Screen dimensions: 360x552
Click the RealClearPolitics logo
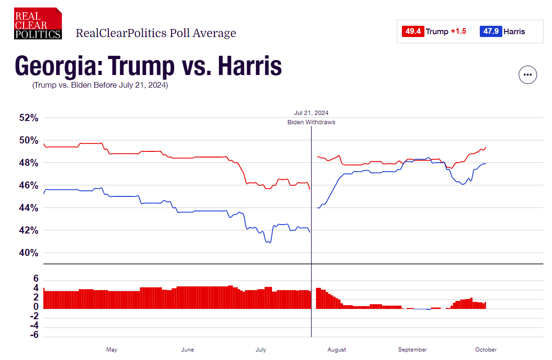tap(38, 23)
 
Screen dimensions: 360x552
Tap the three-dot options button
tap(528, 75)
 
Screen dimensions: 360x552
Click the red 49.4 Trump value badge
tap(413, 31)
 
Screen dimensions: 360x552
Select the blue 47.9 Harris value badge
tap(491, 31)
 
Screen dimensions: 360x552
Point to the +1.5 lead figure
tap(459, 31)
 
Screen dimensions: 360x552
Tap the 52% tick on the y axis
tap(29, 118)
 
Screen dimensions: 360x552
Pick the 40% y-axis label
tap(29, 253)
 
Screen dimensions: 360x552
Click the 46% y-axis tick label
tap(29, 185)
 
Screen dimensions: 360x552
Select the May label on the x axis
tap(112, 350)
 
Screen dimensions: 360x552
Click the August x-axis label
tap(337, 350)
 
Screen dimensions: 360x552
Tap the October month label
tap(486, 350)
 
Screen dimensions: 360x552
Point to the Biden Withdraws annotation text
tap(311, 122)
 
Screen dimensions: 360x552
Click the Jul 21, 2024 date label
tap(311, 113)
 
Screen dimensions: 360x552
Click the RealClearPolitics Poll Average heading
tap(156, 33)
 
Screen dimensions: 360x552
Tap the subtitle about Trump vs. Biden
tap(100, 86)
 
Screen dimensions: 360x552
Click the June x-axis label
tap(187, 350)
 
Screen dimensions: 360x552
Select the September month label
tap(413, 350)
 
